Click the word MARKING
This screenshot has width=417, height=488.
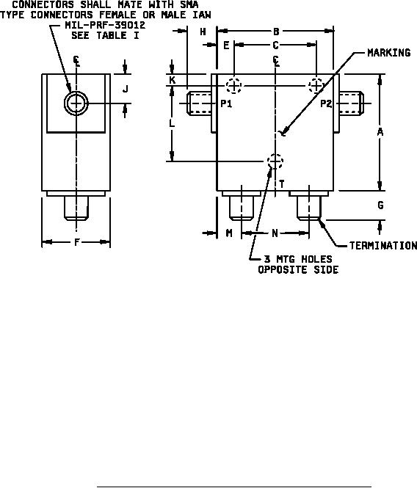389,53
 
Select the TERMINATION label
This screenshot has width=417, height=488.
383,246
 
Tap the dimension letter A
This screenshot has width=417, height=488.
380,132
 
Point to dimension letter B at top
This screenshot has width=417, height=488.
276,31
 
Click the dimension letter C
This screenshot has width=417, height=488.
275,45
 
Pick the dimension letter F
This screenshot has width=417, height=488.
77,242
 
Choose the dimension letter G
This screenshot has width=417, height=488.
380,205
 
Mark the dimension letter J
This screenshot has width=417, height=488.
126,90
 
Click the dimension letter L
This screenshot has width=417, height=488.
172,123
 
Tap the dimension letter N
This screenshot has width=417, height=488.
275,233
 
